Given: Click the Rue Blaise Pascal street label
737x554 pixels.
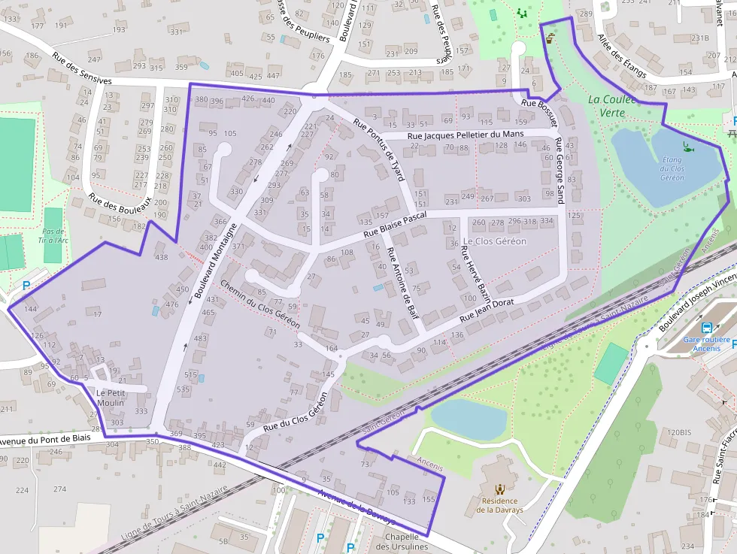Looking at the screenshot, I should (x=395, y=224).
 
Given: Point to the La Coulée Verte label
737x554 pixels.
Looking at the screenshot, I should (x=611, y=105).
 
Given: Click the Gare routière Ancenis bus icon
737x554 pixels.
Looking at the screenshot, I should (x=707, y=327).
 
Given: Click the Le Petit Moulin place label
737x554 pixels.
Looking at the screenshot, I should (x=111, y=398).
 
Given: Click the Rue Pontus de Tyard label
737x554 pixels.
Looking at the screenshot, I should (x=380, y=150).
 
